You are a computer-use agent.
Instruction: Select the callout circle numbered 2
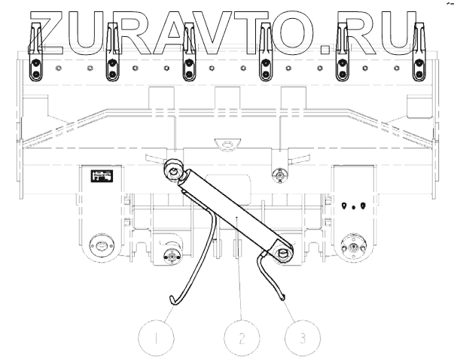pyautogui.click(x=241, y=336)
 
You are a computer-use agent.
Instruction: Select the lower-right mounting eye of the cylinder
pyautogui.click(x=283, y=253)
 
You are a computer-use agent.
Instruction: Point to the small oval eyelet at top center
pyautogui.click(x=223, y=144)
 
